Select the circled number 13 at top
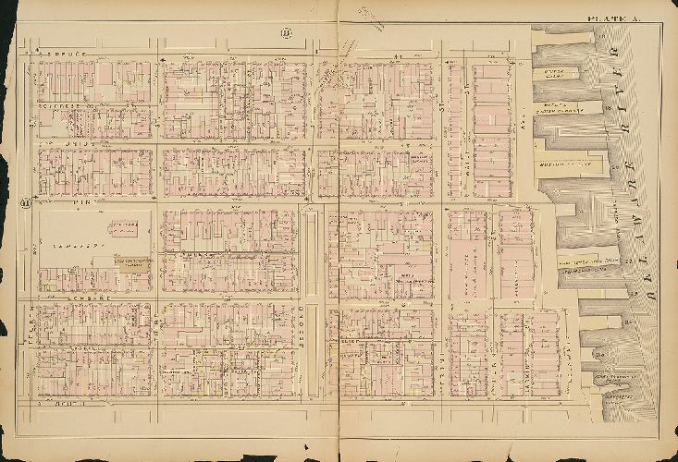[287, 35]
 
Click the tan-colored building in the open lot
[130, 263]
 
